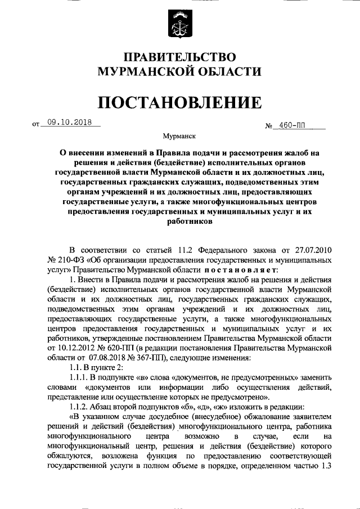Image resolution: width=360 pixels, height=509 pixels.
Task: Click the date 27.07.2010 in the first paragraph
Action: tap(310, 250)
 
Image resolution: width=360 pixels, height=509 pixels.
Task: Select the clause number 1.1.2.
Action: tap(78, 407)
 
